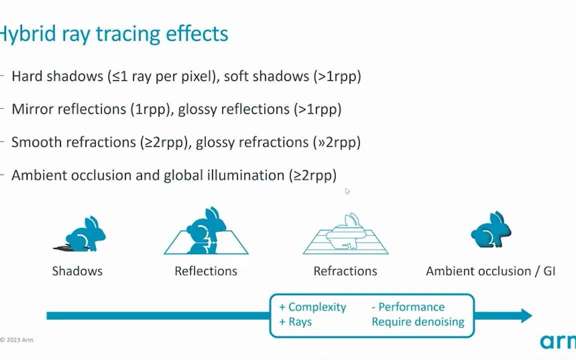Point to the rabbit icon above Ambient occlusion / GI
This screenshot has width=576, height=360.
[491, 229]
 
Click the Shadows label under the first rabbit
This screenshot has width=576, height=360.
[77, 271]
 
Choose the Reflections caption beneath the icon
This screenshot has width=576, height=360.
[205, 271]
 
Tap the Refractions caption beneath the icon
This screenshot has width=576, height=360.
[345, 271]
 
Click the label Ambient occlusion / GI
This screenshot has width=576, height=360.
[490, 271]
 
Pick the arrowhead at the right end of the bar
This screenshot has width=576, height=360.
[526, 315]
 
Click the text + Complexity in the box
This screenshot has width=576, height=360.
[312, 306]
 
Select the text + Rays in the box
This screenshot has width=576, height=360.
[295, 322]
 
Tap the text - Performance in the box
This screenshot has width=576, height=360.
[408, 306]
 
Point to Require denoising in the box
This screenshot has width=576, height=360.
[418, 322]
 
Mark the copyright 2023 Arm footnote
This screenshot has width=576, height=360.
[17, 340]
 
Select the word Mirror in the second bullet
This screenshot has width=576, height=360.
[32, 109]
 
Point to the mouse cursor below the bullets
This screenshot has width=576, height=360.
[347, 191]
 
